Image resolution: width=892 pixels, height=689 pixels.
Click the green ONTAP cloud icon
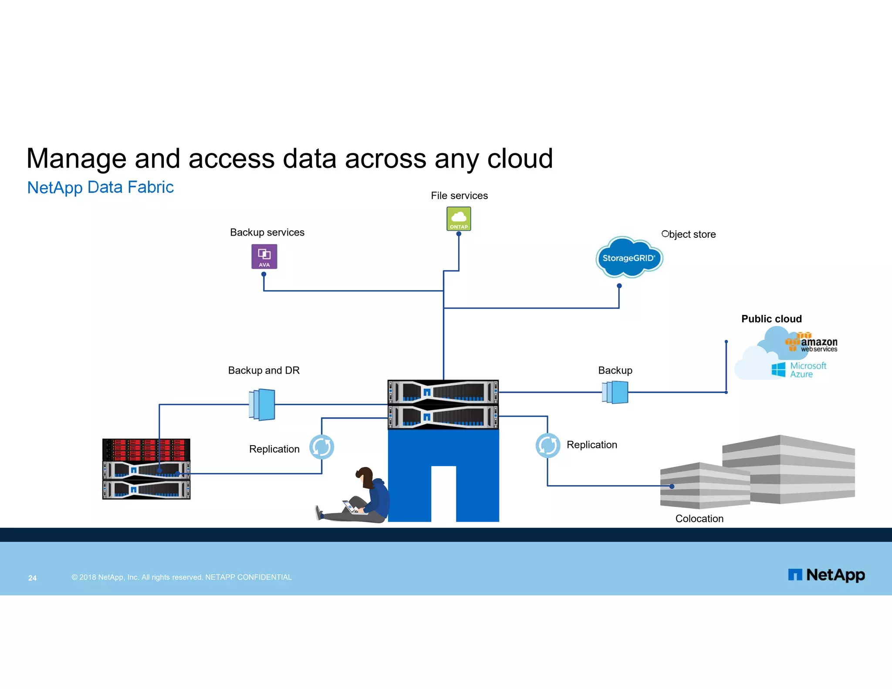(x=459, y=218)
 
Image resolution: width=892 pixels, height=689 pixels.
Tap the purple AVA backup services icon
(x=264, y=256)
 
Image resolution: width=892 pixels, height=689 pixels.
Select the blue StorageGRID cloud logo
(x=628, y=258)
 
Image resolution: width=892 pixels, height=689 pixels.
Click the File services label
(x=459, y=196)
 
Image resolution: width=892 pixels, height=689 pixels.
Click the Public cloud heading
(x=771, y=319)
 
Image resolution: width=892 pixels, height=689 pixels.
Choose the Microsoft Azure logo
(x=799, y=370)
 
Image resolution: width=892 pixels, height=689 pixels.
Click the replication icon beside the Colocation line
(x=547, y=445)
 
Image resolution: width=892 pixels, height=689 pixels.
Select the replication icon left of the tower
(x=321, y=447)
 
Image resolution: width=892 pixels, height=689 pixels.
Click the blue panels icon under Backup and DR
(x=262, y=404)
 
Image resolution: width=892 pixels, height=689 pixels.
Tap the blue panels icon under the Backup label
(x=615, y=392)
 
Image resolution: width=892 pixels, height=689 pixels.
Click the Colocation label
(x=699, y=518)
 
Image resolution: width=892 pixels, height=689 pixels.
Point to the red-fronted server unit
(x=146, y=449)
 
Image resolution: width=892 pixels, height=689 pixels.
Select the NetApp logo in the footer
(x=826, y=575)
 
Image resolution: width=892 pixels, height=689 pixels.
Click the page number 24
(x=32, y=578)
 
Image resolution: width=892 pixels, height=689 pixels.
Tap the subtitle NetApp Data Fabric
(x=100, y=187)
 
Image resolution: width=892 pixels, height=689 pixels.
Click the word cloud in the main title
(x=520, y=159)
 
